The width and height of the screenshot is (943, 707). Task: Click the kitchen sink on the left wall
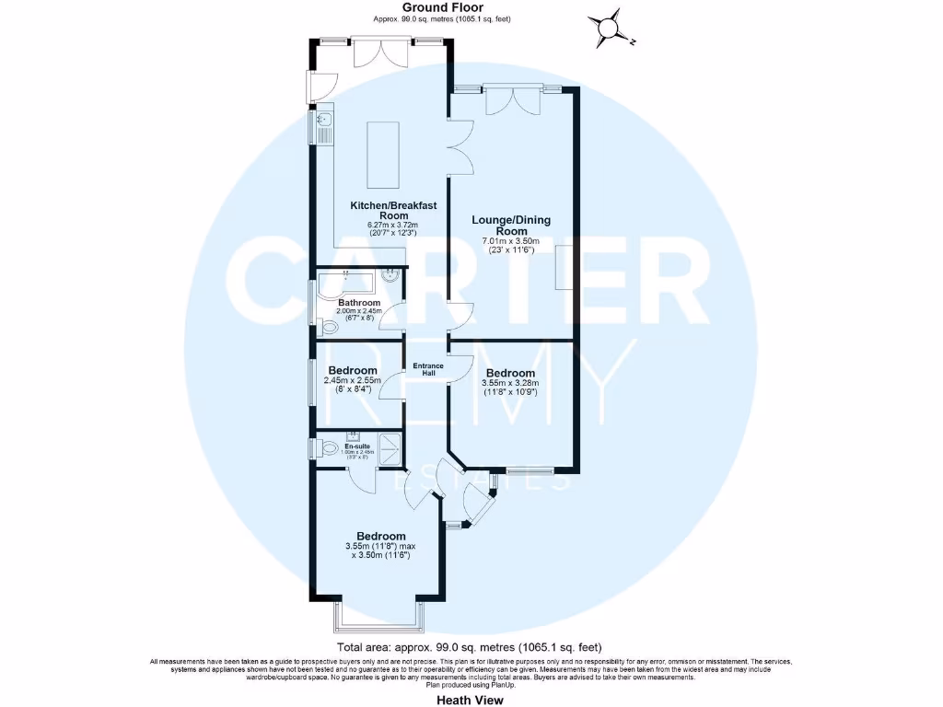[x=323, y=128]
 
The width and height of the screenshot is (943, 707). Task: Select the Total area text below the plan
[x=470, y=647]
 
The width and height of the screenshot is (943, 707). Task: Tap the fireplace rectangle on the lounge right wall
[x=564, y=267]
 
